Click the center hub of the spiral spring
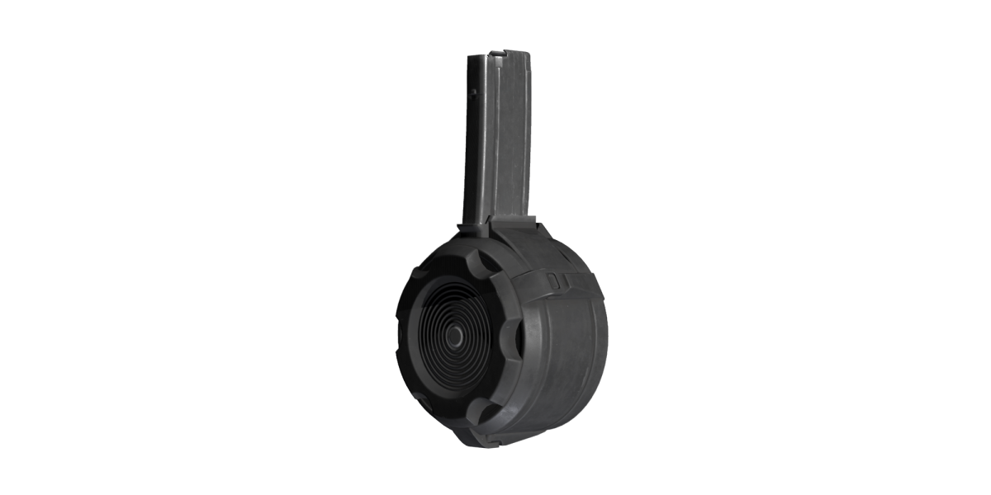point(453,337)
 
